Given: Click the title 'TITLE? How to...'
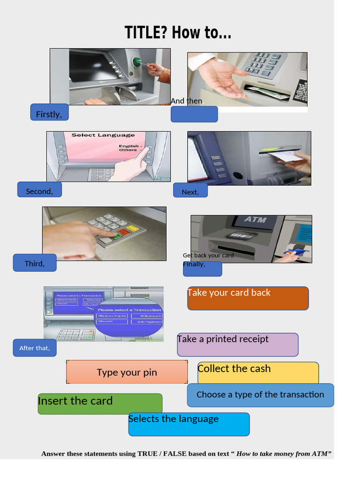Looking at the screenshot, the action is point(178,33).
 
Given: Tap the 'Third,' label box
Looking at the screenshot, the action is point(35,263).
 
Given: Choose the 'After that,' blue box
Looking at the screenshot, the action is point(35,348).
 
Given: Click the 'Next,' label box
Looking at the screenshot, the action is point(190,191).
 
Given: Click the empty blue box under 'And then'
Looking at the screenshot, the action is point(194,114).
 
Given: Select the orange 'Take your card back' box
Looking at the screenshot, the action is point(248,299).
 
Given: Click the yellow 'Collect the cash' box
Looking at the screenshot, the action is point(258,373).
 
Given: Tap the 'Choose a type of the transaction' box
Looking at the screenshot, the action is point(260,395).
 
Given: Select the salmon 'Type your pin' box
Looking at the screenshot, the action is point(127,372).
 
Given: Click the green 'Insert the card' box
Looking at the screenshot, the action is point(100,404).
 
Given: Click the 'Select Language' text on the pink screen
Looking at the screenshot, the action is point(103,135).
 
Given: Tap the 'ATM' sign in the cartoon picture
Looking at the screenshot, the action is point(255,219).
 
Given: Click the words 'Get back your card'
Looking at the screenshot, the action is point(208,255).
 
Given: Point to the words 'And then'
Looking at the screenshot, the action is point(187,101).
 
